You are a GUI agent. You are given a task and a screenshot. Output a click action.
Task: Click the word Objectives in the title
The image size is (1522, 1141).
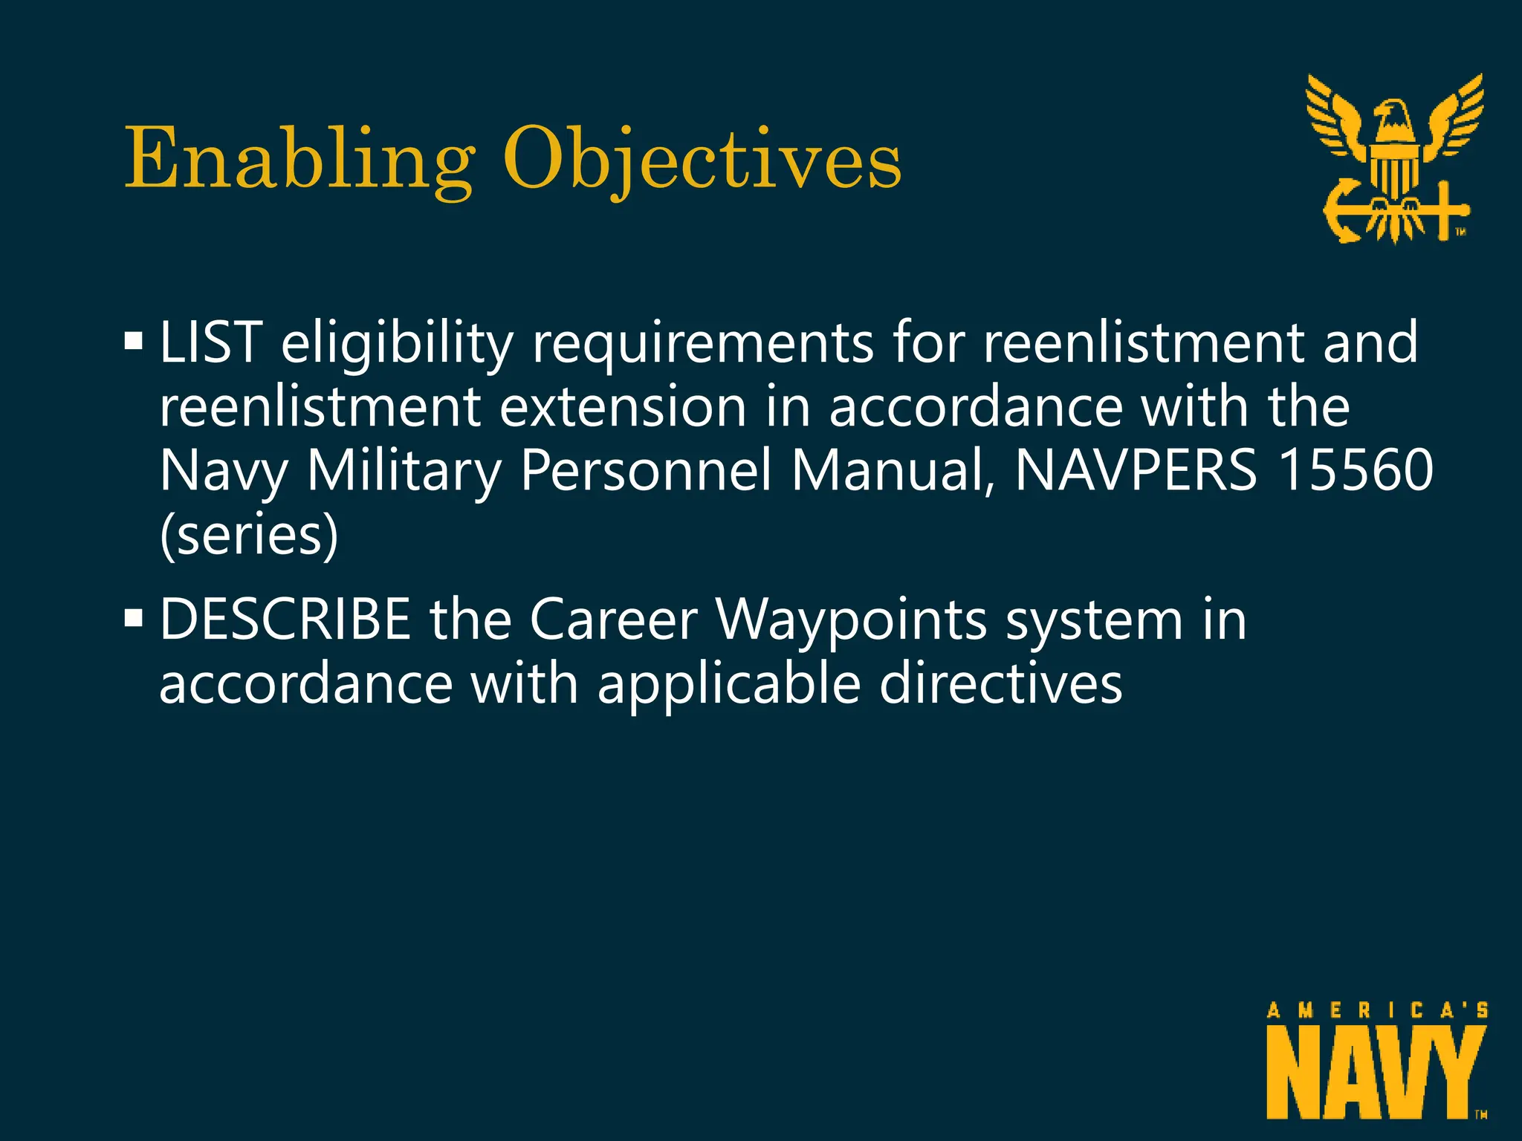702,160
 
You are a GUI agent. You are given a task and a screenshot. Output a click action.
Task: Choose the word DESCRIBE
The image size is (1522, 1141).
285,620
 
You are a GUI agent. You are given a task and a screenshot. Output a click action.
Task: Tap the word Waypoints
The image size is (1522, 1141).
851,620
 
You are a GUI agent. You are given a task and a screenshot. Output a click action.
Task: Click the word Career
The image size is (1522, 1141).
614,620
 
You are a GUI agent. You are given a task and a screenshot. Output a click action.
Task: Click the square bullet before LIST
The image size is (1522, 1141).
134,342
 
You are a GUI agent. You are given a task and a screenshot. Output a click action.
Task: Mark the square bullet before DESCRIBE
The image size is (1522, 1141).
134,618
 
